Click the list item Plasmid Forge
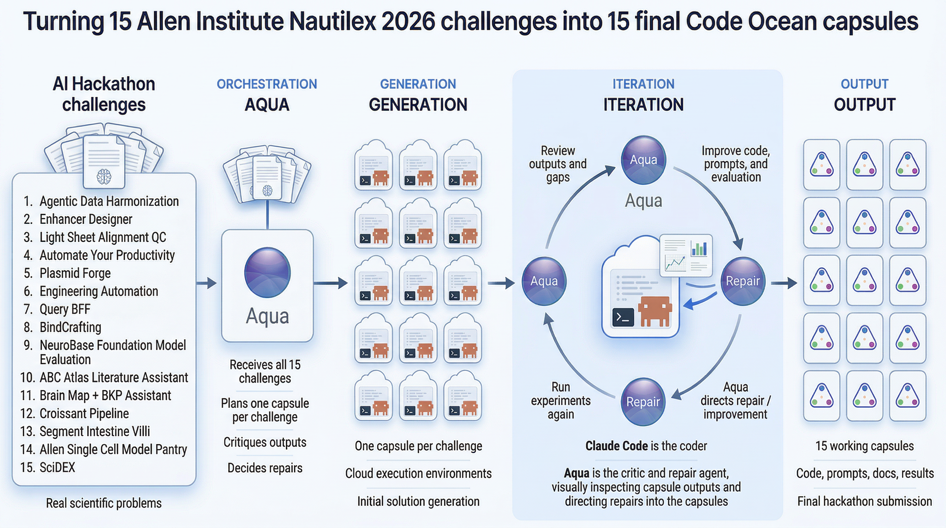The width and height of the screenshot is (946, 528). [x=75, y=273]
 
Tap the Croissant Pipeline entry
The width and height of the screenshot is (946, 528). [x=84, y=414]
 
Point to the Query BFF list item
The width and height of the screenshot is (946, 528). [x=65, y=309]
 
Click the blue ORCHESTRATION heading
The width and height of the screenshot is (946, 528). [x=267, y=84]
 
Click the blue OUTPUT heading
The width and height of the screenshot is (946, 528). [x=865, y=84]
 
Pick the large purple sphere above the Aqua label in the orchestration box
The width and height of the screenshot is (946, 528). [x=267, y=273]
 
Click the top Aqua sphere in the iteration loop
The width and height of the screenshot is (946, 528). [x=643, y=160]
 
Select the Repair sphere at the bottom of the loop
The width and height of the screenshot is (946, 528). [x=643, y=402]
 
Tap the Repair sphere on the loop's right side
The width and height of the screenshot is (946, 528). [x=742, y=281]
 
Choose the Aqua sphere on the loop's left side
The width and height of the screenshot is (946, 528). [x=544, y=281]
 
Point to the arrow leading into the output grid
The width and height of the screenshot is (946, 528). [x=784, y=283]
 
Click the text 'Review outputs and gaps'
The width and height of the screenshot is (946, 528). [x=558, y=164]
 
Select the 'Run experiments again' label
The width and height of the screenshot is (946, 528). [x=560, y=400]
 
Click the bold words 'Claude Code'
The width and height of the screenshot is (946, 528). [x=616, y=446]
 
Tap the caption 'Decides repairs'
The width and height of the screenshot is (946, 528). [x=265, y=468]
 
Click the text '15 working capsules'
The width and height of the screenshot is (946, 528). [x=865, y=446]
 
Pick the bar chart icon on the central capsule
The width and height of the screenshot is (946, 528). [x=698, y=249]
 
